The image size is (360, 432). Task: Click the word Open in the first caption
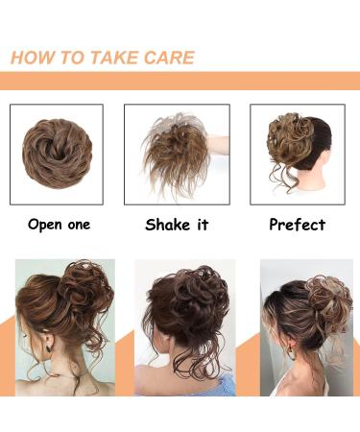tap(45, 225)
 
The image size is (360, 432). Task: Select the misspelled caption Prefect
tap(297, 225)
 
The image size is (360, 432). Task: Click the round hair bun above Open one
tap(57, 152)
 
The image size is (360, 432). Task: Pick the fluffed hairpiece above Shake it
tap(172, 151)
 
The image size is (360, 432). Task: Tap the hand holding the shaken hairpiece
tap(220, 145)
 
